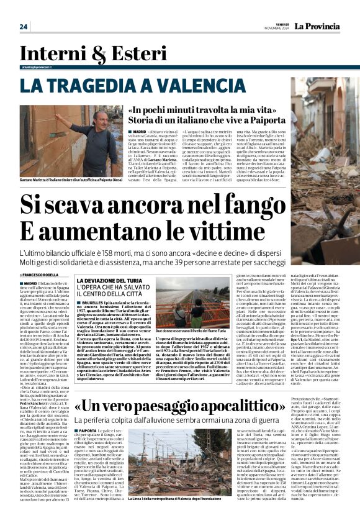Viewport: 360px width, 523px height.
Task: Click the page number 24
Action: [x=23, y=27]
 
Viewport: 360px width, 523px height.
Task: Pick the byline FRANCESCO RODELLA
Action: [x=43, y=275]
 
